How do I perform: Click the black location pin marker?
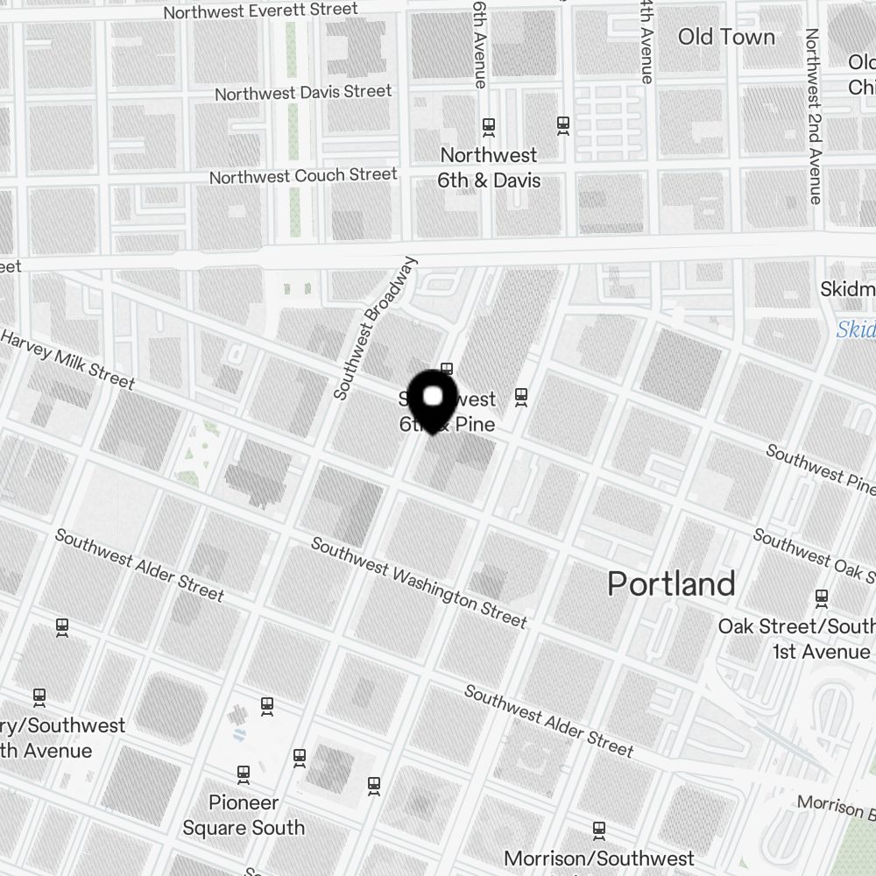click(x=433, y=402)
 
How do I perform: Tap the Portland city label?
click(x=672, y=584)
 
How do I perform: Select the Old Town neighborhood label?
click(x=726, y=37)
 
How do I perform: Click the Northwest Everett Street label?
click(x=260, y=11)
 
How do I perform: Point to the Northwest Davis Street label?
click(x=303, y=92)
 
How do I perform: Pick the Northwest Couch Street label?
click(x=303, y=176)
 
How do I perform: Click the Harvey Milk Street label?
click(x=68, y=359)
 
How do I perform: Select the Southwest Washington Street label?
click(x=419, y=583)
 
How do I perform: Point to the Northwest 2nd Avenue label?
click(x=814, y=117)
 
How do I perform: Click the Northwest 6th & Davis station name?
click(x=490, y=168)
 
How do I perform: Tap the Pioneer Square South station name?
click(x=244, y=815)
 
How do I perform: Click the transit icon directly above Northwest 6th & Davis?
click(x=489, y=127)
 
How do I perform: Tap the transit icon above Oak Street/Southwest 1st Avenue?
click(x=822, y=598)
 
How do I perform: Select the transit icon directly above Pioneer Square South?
click(x=244, y=774)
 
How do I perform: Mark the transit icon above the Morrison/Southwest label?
click(x=599, y=829)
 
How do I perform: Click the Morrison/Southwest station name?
click(x=599, y=858)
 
